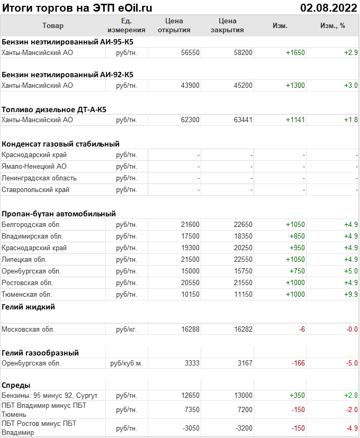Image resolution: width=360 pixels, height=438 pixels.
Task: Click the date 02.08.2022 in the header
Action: click(328, 8)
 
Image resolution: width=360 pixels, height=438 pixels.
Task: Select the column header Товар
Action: click(52, 25)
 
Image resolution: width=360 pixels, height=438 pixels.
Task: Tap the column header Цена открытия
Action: click(174, 25)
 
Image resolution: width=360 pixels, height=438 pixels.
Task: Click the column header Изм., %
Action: click(332, 25)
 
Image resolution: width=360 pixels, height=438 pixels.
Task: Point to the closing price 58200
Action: click(243, 52)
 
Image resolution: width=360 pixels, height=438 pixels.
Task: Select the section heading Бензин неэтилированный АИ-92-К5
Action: click(67, 75)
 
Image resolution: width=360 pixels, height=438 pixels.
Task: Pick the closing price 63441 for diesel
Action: click(243, 120)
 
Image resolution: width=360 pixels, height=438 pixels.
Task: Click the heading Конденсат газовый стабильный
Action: click(60, 144)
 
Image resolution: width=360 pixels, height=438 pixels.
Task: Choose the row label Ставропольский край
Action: click(35, 190)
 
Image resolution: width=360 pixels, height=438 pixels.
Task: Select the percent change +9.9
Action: click(351, 294)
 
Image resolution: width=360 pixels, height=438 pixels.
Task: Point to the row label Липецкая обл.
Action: click(24, 260)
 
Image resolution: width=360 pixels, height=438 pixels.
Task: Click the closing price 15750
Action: click(243, 271)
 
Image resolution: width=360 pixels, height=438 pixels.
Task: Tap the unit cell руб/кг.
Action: click(127, 330)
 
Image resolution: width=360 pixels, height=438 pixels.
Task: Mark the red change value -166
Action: click(298, 363)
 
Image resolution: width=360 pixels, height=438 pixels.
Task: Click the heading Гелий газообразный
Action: click(40, 353)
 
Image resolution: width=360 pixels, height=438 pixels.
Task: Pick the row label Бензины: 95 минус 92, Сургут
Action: click(50, 396)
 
